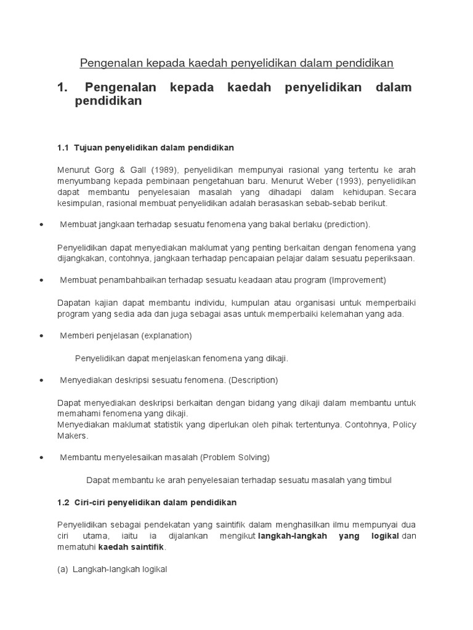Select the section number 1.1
click(x=63, y=148)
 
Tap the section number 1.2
click(x=63, y=502)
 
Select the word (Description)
click(x=253, y=380)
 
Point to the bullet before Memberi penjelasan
click(x=41, y=336)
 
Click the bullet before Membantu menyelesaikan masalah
click(x=41, y=458)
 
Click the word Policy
click(x=405, y=425)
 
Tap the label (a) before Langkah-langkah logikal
click(x=62, y=569)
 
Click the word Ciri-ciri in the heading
click(x=92, y=502)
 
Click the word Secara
click(x=402, y=192)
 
